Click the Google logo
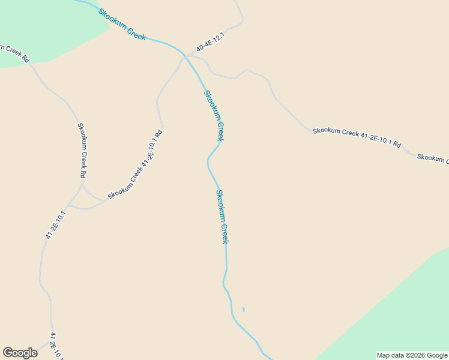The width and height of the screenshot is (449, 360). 20,353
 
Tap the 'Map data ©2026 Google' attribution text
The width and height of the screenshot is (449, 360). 412,355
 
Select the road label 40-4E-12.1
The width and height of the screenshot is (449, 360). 209,42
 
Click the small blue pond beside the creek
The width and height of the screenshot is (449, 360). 243,310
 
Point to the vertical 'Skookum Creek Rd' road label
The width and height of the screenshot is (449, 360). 83,150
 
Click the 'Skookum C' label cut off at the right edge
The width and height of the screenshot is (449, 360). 432,158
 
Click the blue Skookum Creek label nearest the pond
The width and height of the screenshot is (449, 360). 222,216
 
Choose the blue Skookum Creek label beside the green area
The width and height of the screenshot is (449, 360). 122,24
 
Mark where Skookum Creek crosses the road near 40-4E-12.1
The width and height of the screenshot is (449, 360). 184,56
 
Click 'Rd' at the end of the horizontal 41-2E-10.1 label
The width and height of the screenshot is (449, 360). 397,145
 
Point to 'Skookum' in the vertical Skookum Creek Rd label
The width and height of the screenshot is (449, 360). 82,137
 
